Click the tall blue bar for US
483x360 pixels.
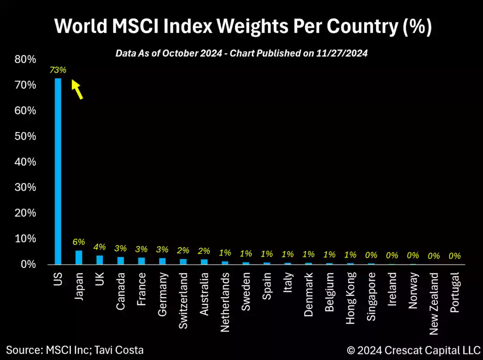click(58, 171)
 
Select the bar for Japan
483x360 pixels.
click(79, 257)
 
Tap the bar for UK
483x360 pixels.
click(100, 260)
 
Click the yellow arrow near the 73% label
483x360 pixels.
click(77, 89)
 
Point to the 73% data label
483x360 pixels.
click(58, 70)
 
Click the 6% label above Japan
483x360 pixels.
click(79, 242)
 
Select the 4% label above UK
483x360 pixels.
click(100, 247)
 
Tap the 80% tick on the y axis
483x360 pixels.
click(25, 59)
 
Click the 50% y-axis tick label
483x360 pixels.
click(25, 136)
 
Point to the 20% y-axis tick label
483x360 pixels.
click(25, 213)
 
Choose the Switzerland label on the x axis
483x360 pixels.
click(183, 301)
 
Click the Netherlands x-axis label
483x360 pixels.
click(225, 302)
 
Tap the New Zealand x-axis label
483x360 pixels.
click(434, 304)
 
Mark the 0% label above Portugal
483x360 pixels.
click(455, 256)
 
